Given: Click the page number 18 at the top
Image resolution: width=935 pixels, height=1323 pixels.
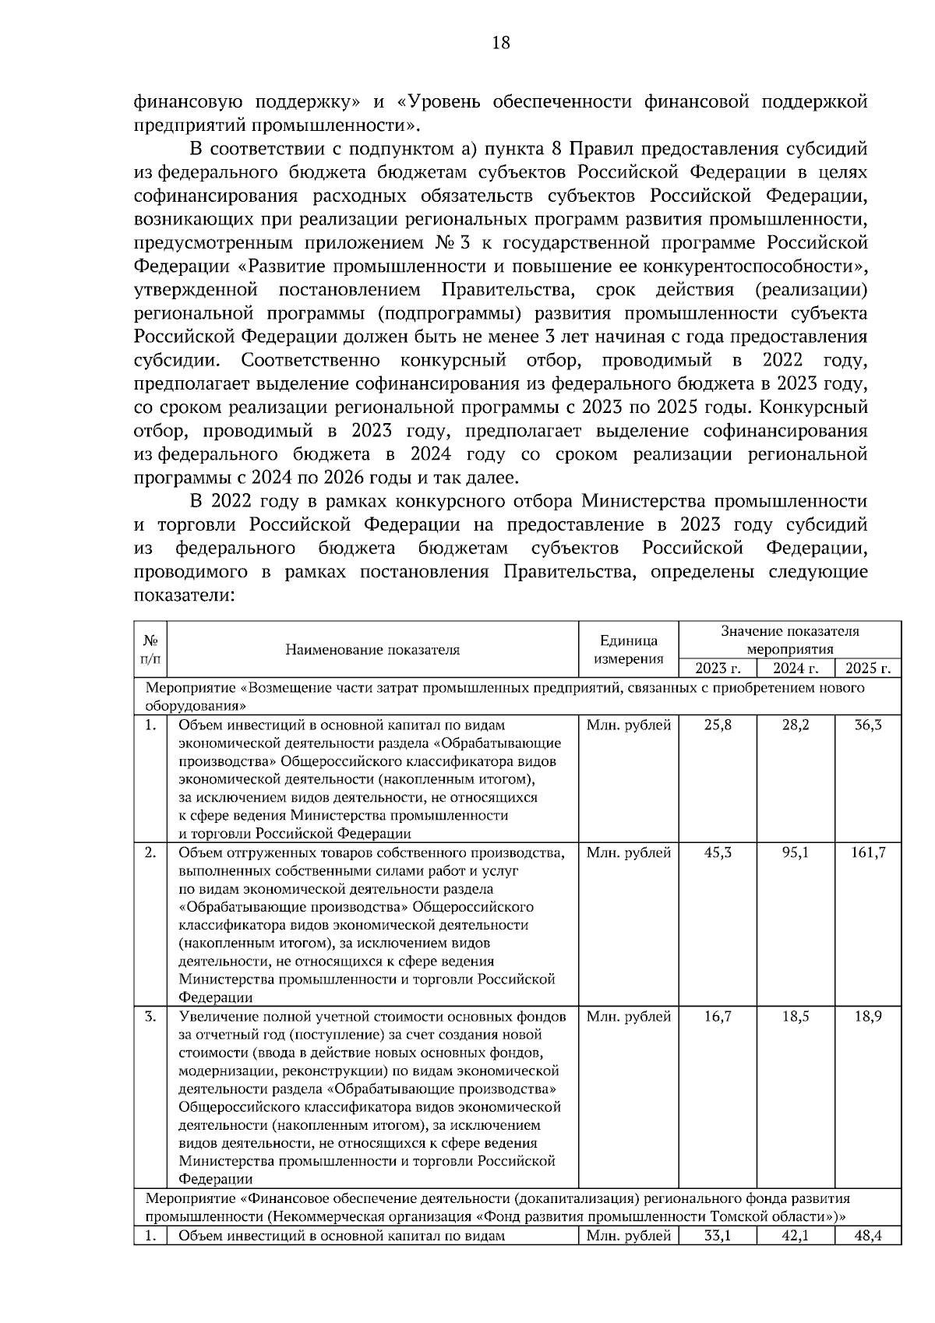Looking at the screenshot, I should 501,43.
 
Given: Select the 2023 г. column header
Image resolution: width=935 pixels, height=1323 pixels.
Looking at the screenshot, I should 718,668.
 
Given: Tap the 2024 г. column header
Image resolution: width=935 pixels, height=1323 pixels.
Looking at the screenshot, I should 795,668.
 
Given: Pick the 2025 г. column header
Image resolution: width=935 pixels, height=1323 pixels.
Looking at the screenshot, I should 868,668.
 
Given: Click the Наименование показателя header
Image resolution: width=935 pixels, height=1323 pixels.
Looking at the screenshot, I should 372,649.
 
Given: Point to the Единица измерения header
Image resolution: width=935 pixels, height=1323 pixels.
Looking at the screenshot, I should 628,649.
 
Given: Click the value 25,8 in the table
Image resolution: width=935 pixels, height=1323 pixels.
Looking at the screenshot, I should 718,725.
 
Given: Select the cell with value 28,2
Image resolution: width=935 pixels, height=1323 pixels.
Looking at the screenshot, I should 795,725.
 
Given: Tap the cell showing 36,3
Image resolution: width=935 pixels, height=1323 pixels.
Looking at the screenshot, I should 868,725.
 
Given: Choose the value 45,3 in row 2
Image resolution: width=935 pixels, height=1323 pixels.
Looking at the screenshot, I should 718,852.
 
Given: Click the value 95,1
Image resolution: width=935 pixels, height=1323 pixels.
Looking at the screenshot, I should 795,852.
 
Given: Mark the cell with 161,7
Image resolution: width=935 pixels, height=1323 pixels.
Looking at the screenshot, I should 868,852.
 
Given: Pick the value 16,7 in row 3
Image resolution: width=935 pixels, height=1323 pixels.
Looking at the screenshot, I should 718,1016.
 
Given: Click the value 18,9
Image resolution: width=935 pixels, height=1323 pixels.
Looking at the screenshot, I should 868,1016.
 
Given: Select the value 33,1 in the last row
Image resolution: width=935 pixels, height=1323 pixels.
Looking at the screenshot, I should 718,1236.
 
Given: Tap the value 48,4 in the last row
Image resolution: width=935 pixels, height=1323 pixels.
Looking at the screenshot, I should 868,1236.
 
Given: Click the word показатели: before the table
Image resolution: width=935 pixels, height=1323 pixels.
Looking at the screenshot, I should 184,595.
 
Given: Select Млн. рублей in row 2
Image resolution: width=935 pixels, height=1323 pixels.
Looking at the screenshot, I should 628,852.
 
